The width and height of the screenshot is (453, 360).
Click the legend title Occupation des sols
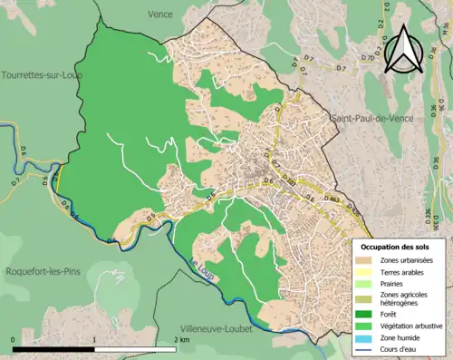395,247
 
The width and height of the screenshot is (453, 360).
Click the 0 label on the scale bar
14,339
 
